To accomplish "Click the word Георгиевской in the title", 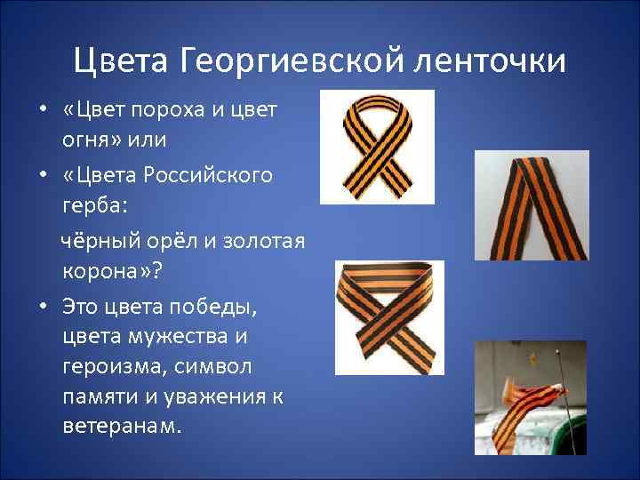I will click(x=293, y=60).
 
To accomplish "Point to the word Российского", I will click(x=210, y=173).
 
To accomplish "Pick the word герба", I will click(x=94, y=205).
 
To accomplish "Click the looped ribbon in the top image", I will click(x=377, y=148).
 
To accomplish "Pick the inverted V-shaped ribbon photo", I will click(x=530, y=206).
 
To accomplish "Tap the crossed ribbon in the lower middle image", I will click(x=388, y=317).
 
